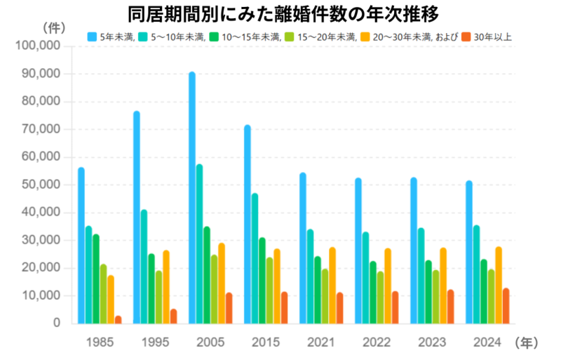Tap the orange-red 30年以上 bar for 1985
tap(118, 320)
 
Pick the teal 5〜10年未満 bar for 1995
tap(144, 267)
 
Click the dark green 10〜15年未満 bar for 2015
tap(262, 281)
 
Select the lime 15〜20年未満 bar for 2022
tap(380, 298)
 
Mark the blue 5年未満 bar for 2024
tap(469, 253)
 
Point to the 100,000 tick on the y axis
tap(41, 46)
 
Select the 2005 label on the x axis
tap(210, 342)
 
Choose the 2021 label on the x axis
tap(320, 342)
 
